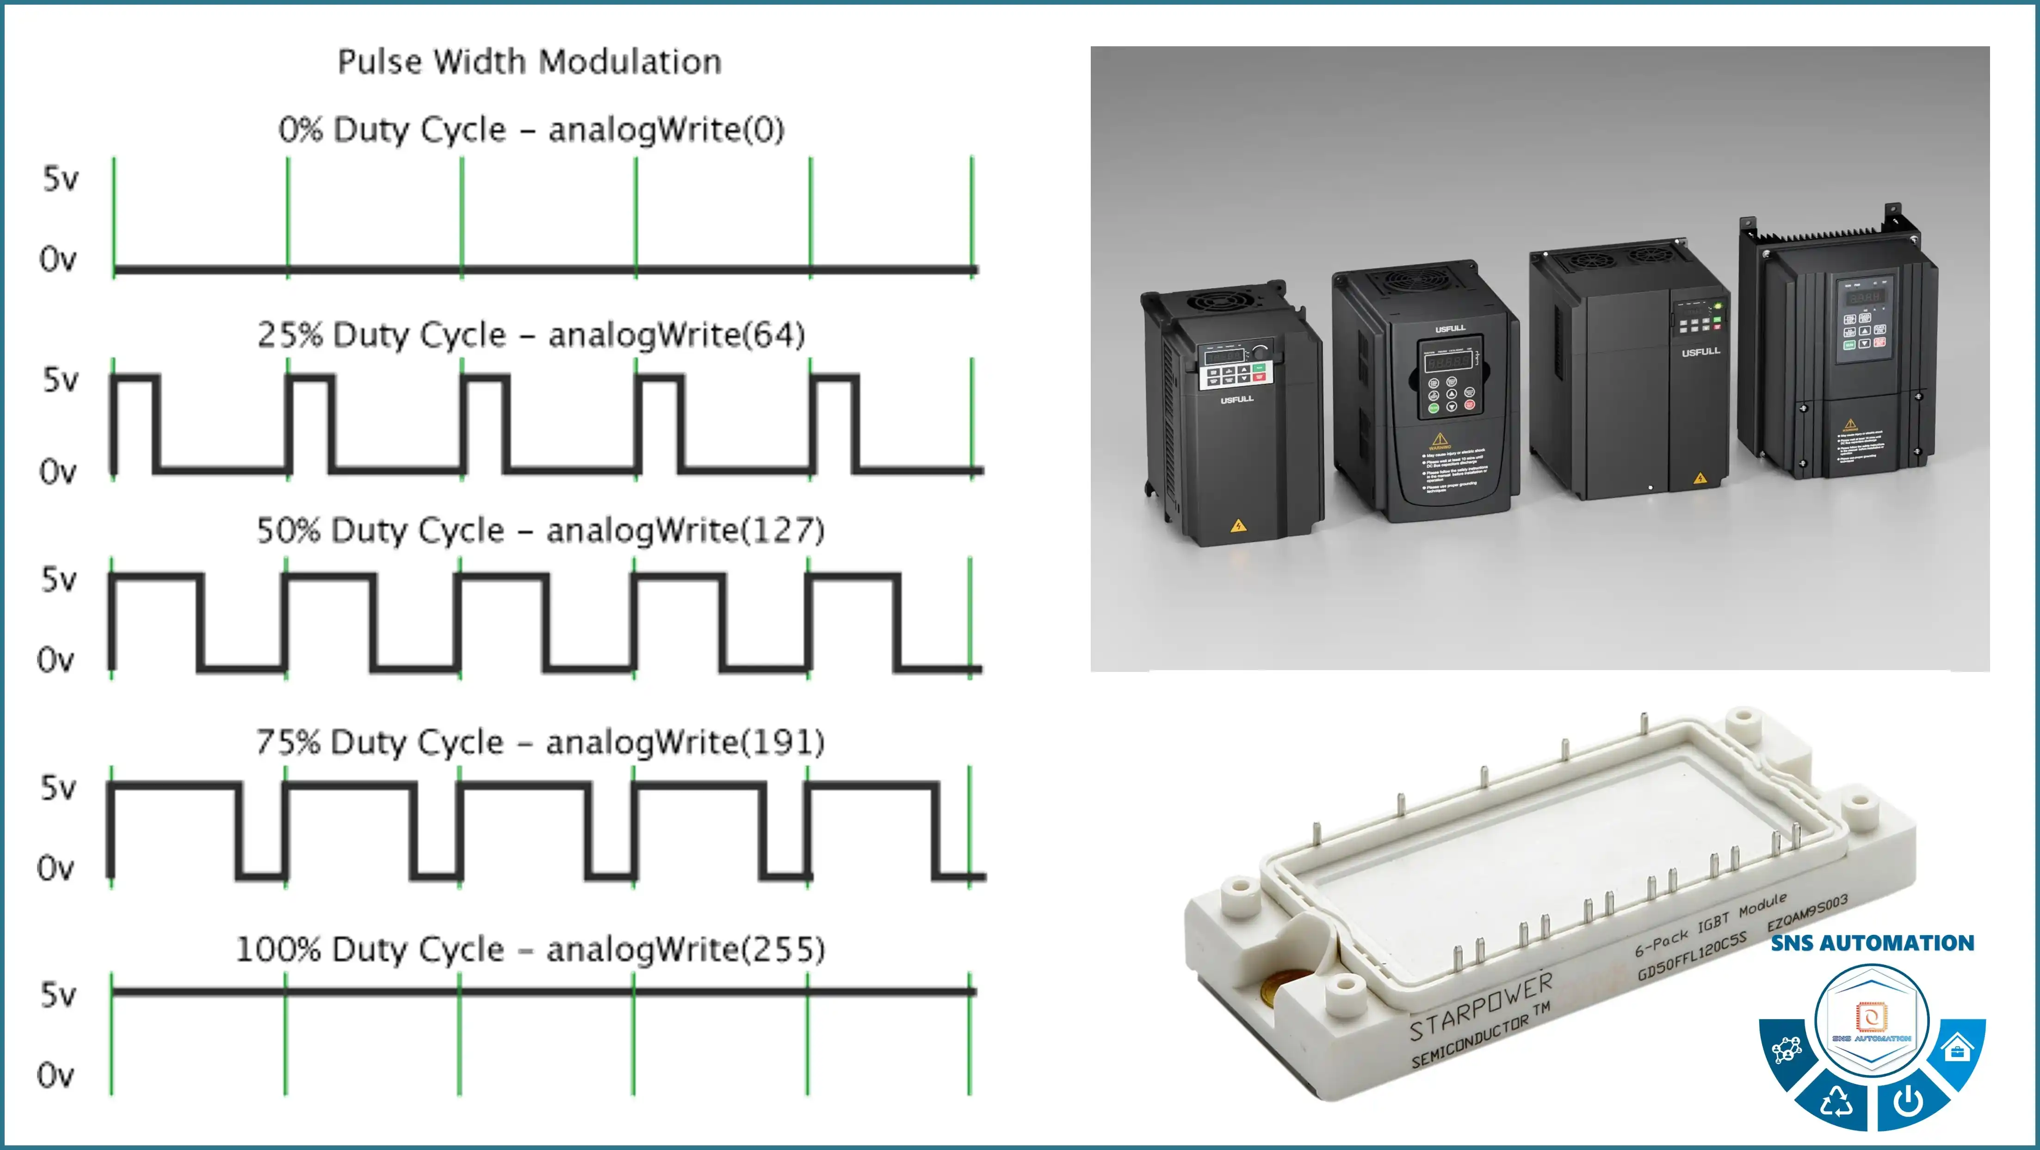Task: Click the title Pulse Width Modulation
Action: [529, 62]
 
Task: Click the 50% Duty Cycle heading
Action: [539, 530]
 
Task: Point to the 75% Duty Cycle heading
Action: [539, 742]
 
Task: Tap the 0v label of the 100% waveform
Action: [56, 1075]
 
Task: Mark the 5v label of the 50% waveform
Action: [59, 580]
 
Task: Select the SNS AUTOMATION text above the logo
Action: [1872, 943]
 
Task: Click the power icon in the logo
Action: [1909, 1099]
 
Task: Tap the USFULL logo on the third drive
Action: [1700, 351]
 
